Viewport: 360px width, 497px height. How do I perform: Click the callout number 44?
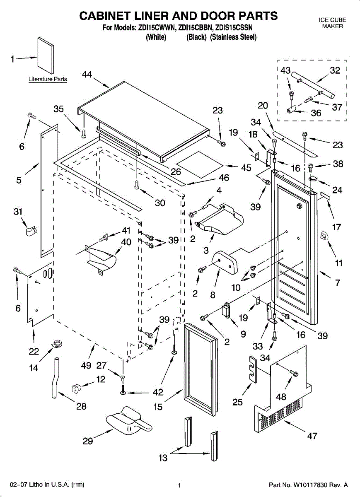tap(87, 74)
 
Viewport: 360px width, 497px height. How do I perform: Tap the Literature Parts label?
tap(48, 79)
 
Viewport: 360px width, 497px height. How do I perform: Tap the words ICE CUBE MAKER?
tap(333, 23)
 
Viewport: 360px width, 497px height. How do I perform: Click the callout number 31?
tap(18, 212)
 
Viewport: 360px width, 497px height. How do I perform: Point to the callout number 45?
tap(246, 168)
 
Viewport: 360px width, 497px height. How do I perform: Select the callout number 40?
tap(126, 241)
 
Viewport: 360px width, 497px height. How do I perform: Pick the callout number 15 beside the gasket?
tap(158, 407)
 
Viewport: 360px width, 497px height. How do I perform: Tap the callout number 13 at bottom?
tap(163, 458)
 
